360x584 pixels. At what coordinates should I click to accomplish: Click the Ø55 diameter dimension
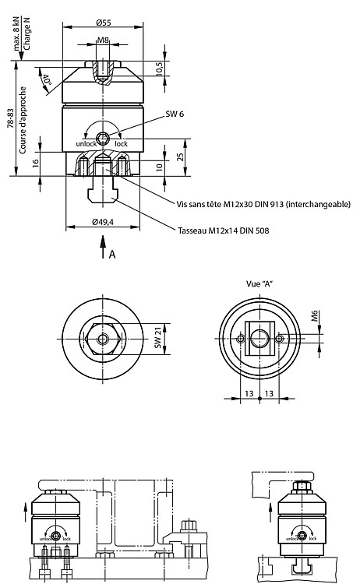pos(103,23)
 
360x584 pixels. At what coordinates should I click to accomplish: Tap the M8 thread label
pos(103,40)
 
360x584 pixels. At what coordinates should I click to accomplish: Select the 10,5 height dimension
pos(159,69)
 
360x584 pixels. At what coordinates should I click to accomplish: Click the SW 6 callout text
pos(175,114)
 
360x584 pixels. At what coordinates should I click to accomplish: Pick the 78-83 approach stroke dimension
pos(10,118)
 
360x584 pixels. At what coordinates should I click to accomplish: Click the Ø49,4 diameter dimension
pos(103,222)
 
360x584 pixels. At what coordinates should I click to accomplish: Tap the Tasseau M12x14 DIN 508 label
pos(223,230)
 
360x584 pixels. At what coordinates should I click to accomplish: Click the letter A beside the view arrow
pos(112,255)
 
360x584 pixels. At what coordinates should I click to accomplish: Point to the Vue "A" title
pos(259,283)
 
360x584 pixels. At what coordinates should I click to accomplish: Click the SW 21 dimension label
pos(158,338)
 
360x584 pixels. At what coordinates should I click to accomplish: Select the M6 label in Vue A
pos(316,316)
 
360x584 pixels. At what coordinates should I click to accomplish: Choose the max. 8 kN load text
pos(17,34)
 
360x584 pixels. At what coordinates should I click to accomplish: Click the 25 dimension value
pos(181,157)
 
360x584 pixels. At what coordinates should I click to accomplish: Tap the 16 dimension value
pos(35,164)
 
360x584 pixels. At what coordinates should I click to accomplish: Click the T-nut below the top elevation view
pos(103,196)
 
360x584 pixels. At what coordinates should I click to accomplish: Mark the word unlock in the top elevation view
pos(86,144)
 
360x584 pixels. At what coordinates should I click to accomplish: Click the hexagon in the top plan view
pos(103,339)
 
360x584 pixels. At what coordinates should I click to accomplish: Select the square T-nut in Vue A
pos(259,339)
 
